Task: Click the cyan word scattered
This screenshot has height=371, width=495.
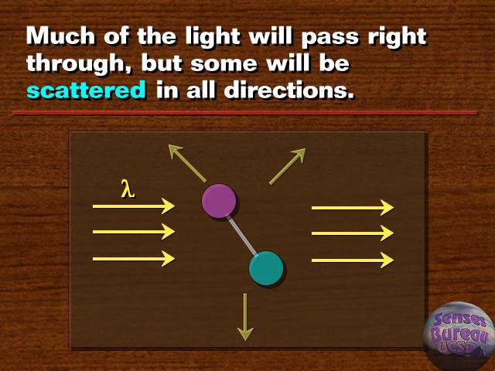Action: [x=86, y=90]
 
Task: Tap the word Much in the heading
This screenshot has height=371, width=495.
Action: [x=60, y=36]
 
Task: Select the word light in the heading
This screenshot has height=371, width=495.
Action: [x=213, y=37]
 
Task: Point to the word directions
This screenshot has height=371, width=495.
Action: [x=288, y=90]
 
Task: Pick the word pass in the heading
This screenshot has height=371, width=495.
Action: [x=330, y=39]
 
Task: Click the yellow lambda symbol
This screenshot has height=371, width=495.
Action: [x=128, y=189]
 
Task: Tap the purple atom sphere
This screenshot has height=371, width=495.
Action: [x=219, y=201]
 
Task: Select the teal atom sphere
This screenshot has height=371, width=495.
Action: [x=266, y=268]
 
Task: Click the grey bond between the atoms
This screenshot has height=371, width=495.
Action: [x=242, y=235]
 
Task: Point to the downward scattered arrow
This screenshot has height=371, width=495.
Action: [x=245, y=317]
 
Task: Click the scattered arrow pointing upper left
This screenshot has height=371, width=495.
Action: [x=187, y=163]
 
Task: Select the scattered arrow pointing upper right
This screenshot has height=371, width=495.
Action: [x=287, y=166]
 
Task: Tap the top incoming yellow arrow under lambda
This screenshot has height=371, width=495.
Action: [x=134, y=206]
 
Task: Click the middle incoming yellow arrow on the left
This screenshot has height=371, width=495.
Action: [x=134, y=232]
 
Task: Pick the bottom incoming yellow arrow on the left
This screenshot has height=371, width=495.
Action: [x=134, y=259]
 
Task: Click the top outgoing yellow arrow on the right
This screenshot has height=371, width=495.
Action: [x=353, y=208]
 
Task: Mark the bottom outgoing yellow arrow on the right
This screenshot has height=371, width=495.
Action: [x=353, y=260]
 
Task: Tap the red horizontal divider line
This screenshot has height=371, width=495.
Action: [x=245, y=113]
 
